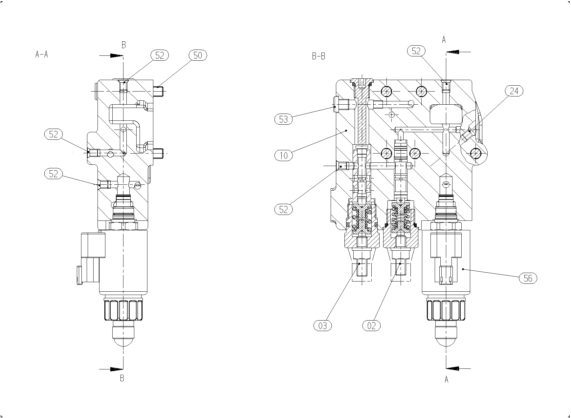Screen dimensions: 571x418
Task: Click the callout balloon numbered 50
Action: tap(198, 55)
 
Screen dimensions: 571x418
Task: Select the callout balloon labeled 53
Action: tap(283, 119)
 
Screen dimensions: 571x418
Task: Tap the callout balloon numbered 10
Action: tap(283, 155)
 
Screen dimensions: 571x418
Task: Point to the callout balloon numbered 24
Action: tap(514, 91)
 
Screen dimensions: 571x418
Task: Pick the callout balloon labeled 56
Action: tap(528, 279)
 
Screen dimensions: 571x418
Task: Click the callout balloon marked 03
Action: tap(323, 326)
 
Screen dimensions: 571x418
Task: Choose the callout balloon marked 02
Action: tap(371, 326)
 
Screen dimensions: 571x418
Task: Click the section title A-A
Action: tap(42, 54)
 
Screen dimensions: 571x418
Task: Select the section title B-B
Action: tap(318, 56)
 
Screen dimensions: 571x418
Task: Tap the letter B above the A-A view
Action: tap(124, 45)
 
